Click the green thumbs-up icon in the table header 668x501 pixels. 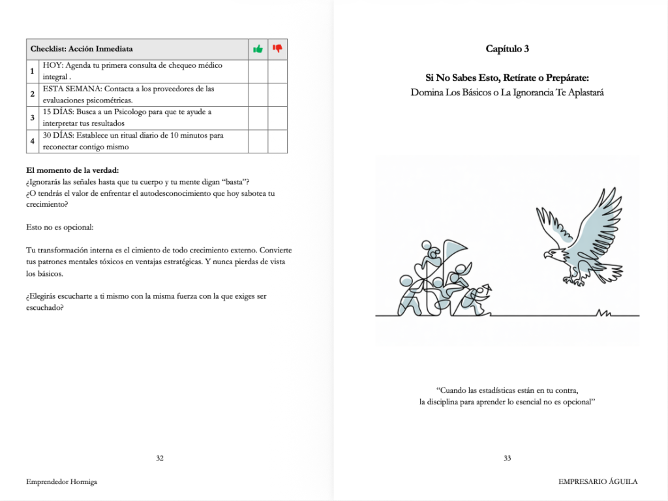(x=258, y=49)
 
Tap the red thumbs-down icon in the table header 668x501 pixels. (x=277, y=49)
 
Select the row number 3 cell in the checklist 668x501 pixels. (x=33, y=118)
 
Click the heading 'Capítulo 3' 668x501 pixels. (x=508, y=48)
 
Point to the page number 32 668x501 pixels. (x=160, y=458)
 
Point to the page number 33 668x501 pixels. (x=508, y=458)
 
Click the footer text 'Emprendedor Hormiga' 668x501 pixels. (x=57, y=481)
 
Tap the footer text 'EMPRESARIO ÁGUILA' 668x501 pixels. (x=598, y=481)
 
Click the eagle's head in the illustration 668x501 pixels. (x=552, y=253)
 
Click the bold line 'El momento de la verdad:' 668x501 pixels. (x=72, y=171)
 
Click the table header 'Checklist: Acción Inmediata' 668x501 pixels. (x=82, y=49)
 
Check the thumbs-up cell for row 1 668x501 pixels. (x=258, y=71)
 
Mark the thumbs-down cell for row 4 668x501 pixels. (x=277, y=142)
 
